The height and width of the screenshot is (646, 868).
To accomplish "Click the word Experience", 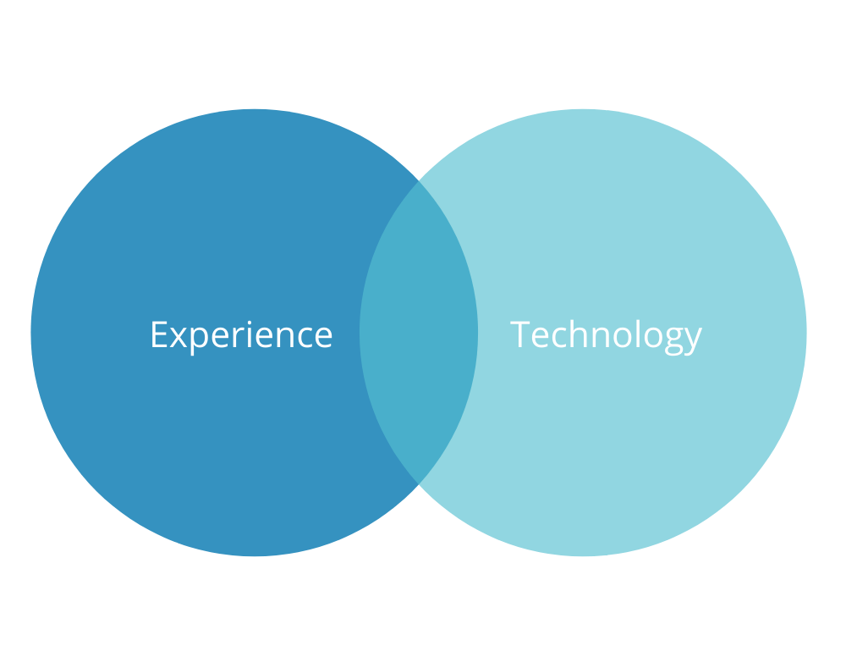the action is (x=241, y=336).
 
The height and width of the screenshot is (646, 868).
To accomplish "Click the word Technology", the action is (x=606, y=336).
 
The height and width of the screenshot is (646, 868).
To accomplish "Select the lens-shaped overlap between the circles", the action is (x=419, y=333).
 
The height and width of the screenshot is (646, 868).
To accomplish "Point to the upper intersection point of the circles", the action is (x=419, y=180).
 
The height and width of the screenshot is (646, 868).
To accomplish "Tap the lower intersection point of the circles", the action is (x=419, y=485).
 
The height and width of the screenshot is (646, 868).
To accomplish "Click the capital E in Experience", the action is (x=159, y=334).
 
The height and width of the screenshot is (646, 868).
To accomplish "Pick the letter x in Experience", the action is (x=179, y=338).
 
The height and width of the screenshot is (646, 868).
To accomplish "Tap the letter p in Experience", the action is (x=200, y=340).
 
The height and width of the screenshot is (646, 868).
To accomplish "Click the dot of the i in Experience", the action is (x=249, y=323).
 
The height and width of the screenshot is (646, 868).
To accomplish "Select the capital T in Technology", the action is (x=520, y=334).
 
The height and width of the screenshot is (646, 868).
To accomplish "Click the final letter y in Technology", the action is (x=694, y=341).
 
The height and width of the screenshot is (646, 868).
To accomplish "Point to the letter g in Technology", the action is (x=673, y=341).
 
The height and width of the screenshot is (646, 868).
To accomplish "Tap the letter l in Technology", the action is (x=638, y=334).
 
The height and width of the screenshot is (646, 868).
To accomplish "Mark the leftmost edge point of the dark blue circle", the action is (x=31, y=333).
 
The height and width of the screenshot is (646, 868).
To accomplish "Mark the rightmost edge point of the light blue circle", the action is (x=806, y=333).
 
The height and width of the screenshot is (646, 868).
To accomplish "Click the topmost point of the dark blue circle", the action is (x=255, y=109).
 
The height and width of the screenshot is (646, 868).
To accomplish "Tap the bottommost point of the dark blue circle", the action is (x=255, y=556).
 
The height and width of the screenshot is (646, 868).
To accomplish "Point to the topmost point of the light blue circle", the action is (x=583, y=109).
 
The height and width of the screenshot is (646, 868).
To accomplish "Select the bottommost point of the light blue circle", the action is (x=583, y=556).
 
